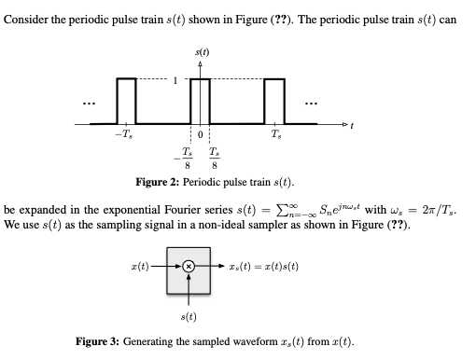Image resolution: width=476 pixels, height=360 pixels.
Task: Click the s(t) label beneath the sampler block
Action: [x=188, y=319]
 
